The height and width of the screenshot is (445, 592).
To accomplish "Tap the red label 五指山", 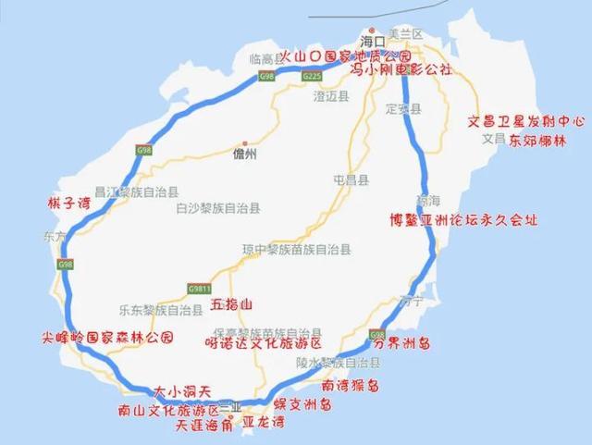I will [x=231, y=303].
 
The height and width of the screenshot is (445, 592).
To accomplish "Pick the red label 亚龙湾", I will [x=263, y=424].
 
